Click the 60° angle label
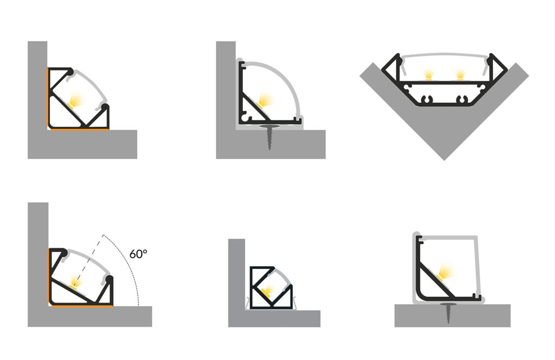click(x=138, y=254)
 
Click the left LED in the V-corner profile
click(x=429, y=74)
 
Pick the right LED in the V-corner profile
click(x=460, y=74)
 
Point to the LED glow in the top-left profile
click(x=75, y=99)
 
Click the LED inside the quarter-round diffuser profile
click(x=265, y=99)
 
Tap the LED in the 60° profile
click(x=75, y=281)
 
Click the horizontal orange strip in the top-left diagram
click(x=80, y=130)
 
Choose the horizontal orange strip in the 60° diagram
click(x=82, y=306)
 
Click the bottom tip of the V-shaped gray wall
click(x=444, y=160)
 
